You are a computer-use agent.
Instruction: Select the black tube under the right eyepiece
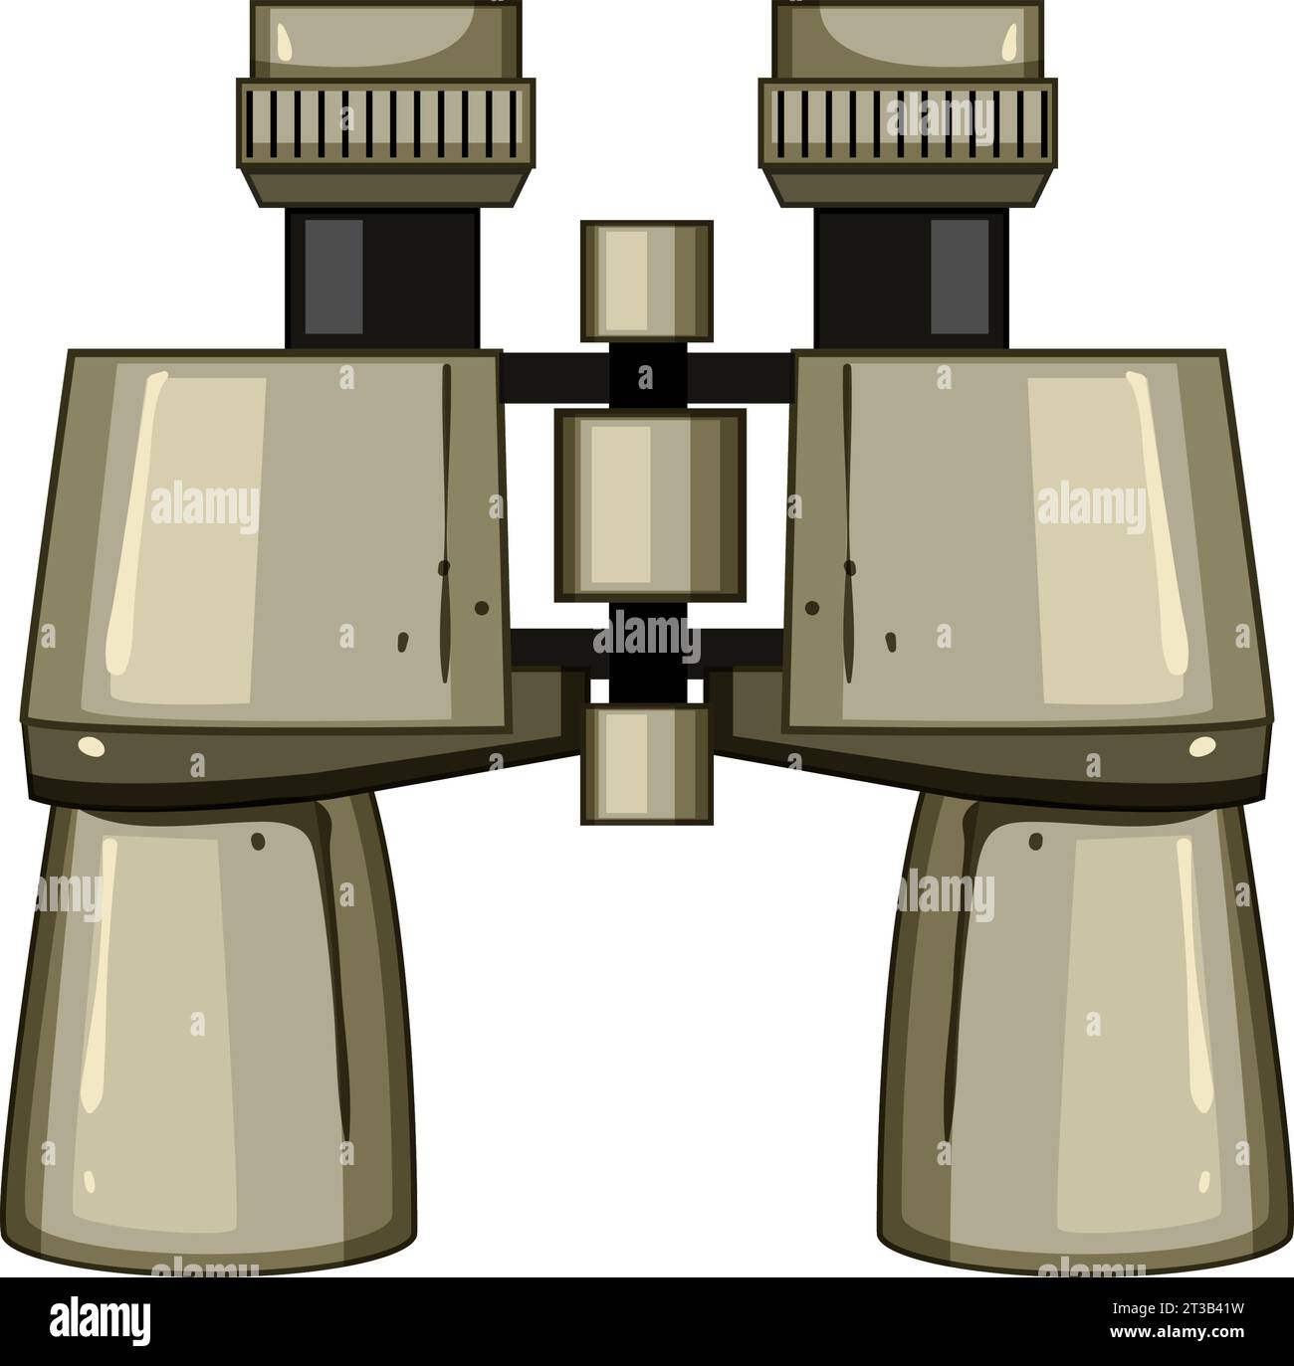[x=910, y=279]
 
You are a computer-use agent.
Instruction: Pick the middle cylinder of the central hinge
[x=649, y=505]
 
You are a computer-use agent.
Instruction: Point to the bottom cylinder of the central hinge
[x=647, y=764]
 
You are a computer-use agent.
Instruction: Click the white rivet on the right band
[x=1202, y=746]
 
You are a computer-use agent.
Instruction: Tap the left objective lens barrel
[x=209, y=1035]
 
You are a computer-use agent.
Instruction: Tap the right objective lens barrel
[x=1085, y=1035]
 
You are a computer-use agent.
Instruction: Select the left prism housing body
[x=269, y=537]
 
